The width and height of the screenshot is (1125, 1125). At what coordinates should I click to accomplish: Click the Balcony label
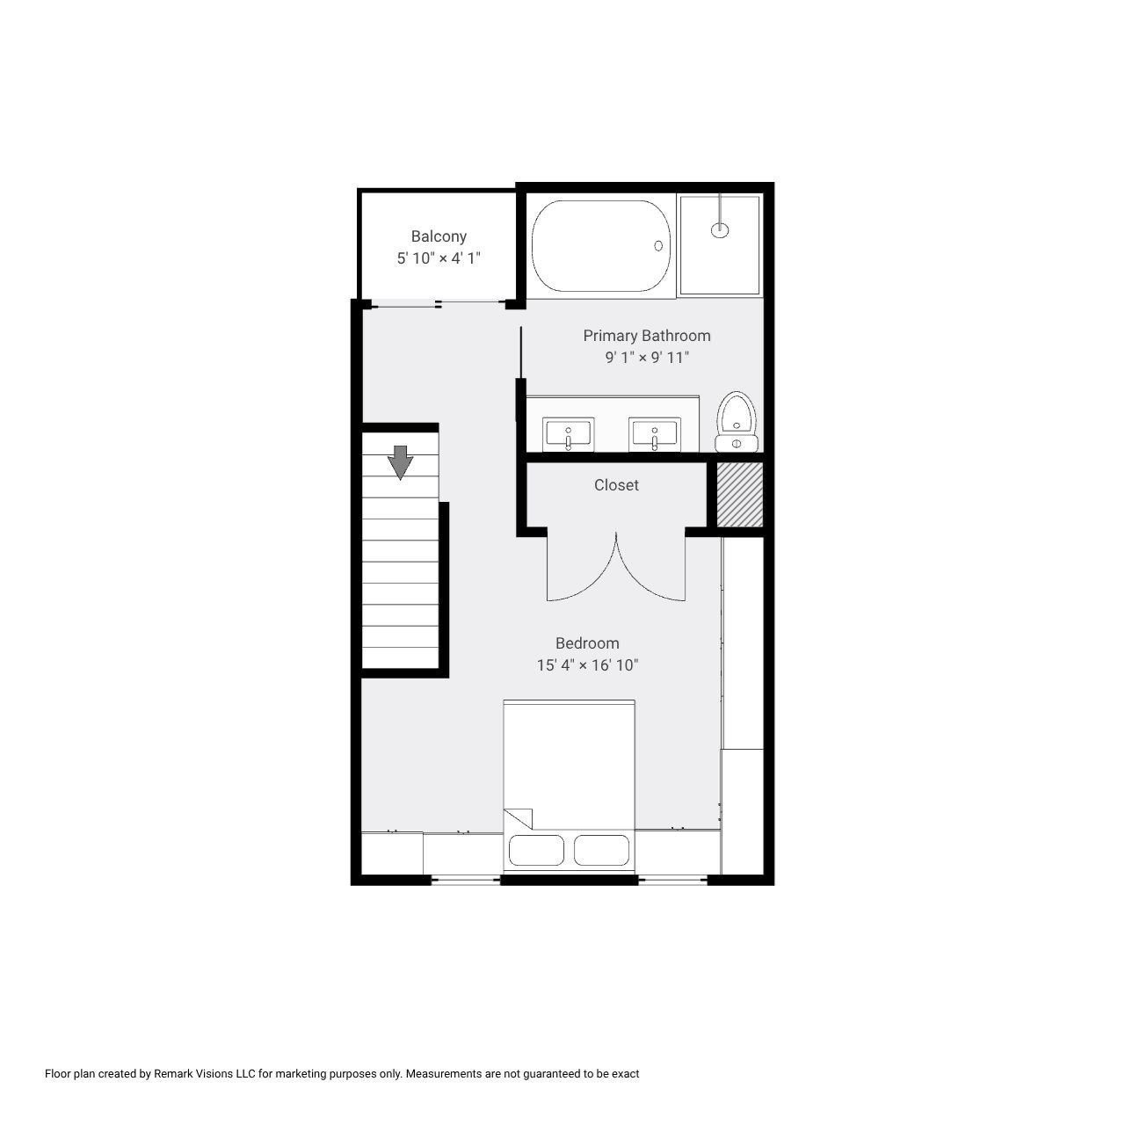pos(439,236)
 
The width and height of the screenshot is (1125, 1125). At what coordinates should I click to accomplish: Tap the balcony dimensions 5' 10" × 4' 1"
pos(439,258)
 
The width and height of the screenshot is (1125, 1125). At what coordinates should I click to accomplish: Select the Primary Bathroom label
pos(647,336)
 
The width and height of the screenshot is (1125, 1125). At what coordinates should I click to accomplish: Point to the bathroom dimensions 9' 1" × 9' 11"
pos(647,358)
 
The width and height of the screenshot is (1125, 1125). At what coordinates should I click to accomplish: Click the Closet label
pos(616,485)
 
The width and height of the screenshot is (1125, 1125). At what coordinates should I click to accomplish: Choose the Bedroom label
pos(587,643)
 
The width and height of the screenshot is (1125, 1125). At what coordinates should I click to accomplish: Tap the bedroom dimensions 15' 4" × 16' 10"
pos(587,665)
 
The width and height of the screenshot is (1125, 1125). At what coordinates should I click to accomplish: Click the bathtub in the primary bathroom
pos(602,246)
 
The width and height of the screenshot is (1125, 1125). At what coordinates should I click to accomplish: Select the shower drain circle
pos(720,230)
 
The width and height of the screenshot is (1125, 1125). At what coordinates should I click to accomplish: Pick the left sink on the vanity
pos(569,434)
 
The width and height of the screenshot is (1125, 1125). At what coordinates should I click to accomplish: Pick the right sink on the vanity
pos(654,434)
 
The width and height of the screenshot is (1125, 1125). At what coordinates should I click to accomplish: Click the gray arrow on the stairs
pos(401,462)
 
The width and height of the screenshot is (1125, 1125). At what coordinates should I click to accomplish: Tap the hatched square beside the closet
pos(739,494)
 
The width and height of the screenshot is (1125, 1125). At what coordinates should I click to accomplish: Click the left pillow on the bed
pos(537,851)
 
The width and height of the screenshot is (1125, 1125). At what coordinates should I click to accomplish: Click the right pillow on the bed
pos(602,851)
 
